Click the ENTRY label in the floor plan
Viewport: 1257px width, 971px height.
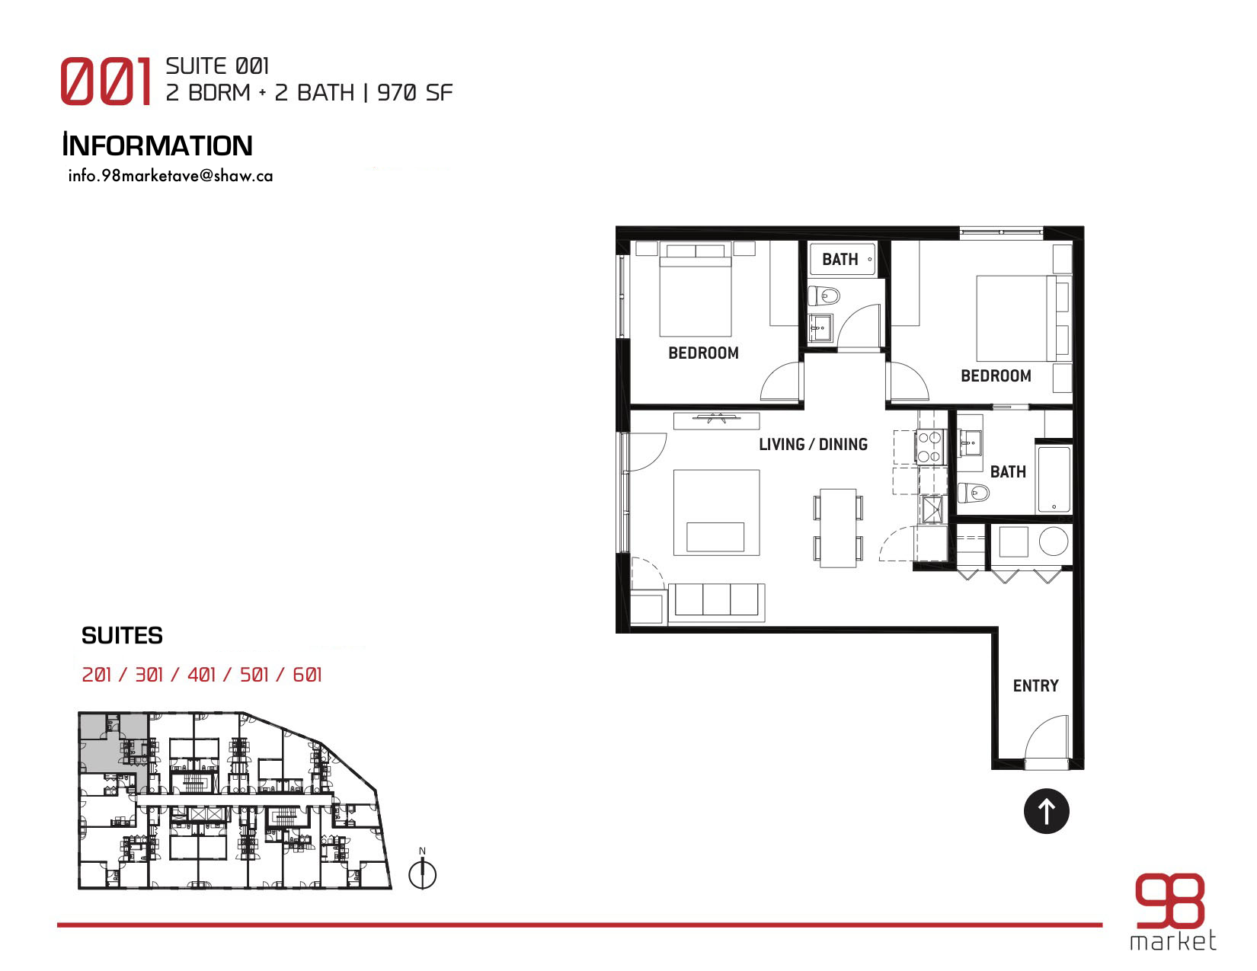click(1035, 685)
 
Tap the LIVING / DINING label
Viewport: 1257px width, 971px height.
click(813, 444)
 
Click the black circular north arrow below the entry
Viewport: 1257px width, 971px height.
click(1046, 811)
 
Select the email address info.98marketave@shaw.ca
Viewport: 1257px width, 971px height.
click(171, 176)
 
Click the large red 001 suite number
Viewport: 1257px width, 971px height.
click(106, 81)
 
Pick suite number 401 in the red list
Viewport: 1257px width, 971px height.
click(201, 674)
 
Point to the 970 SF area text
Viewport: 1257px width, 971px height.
click(414, 93)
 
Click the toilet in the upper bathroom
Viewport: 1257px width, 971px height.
click(824, 296)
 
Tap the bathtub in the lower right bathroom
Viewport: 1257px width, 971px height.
click(1054, 479)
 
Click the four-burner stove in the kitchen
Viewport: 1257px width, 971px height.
click(930, 447)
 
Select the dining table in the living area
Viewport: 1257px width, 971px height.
click(838, 528)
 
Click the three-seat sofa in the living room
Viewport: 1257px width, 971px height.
click(716, 602)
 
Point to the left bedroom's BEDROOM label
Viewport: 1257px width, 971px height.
click(703, 353)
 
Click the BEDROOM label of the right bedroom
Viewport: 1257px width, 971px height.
click(996, 376)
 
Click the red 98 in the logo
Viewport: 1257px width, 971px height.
click(1169, 900)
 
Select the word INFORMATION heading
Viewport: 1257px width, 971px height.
click(158, 145)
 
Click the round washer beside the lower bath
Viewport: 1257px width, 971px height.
click(1054, 541)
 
